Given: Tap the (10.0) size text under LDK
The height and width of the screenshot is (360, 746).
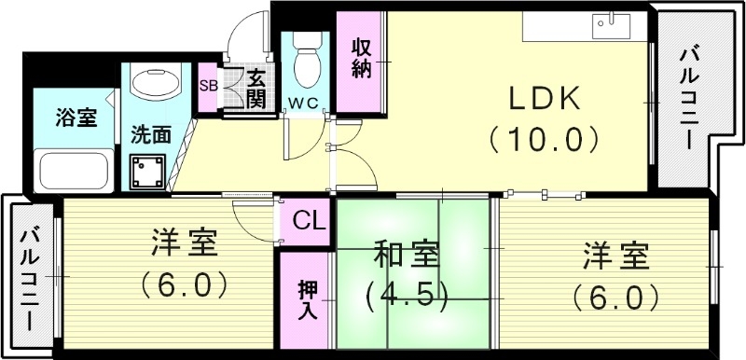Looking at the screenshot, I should coord(541,139).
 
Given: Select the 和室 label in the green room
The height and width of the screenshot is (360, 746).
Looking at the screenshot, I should coord(408,255).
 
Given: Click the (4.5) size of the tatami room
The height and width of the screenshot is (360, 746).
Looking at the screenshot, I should coord(408,296).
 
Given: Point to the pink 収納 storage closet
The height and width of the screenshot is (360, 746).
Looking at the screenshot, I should coord(362,58).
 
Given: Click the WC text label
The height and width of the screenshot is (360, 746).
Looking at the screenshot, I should coord(302,101).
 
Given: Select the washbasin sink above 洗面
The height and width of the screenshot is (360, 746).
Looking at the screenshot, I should coord(150,85).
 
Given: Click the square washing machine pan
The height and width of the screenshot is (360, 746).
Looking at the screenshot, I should coord(149,172).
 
